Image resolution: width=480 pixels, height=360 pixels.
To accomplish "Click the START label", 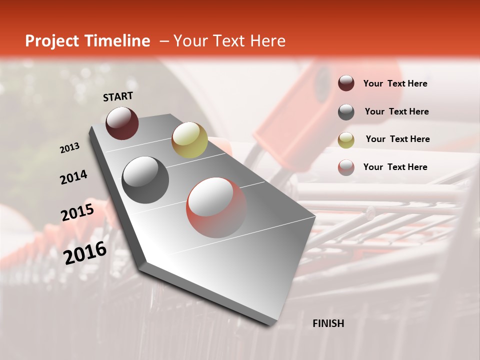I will pos(118,96).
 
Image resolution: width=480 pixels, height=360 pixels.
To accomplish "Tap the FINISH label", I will pos(328,323).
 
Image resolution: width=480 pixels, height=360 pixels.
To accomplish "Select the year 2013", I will pos(69,148).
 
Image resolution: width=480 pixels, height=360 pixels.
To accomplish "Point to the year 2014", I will pos(73,177).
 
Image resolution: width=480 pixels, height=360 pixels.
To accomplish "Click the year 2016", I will pos(85,252).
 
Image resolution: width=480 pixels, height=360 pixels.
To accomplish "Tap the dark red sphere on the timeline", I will pos(122,123).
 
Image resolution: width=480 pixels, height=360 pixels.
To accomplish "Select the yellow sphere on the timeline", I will pos(189,139).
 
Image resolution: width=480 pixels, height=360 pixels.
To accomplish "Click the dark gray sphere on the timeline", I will pos(145,180).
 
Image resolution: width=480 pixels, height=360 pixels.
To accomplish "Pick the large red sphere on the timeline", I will pos(216,207).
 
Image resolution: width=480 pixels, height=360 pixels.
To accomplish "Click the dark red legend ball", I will pos(346,83).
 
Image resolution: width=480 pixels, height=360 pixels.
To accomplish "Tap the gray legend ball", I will pos(346,112).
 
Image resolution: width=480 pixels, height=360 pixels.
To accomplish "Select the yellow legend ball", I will pos(346,140).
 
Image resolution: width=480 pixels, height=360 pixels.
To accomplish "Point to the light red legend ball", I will pos(346,167).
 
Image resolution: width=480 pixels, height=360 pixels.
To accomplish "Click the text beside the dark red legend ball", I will pos(395,84).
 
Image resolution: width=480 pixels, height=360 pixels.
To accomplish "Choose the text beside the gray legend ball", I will pos(396,111).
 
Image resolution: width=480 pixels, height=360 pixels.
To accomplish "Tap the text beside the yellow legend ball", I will pos(397,139).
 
